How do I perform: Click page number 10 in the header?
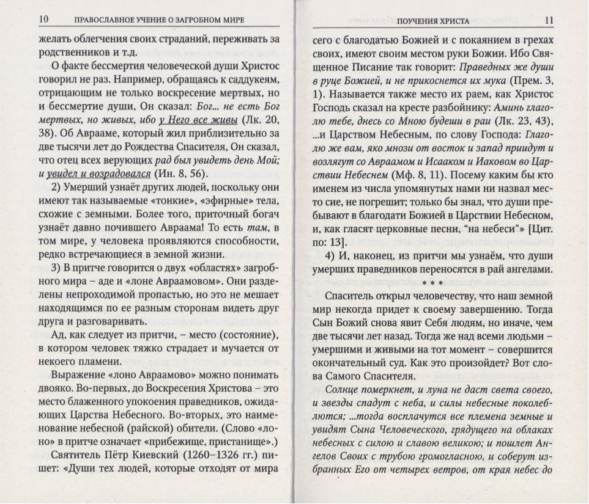coord(43,20)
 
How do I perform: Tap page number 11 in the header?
coord(548,21)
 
